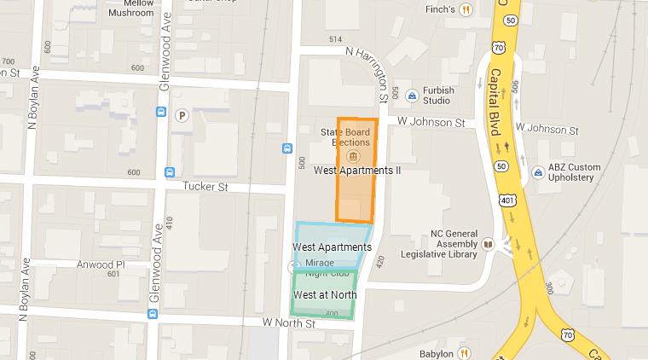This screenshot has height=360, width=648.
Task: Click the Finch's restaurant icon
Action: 466,10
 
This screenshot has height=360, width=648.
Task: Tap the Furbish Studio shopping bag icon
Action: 411,95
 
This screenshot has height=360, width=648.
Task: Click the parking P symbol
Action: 182,116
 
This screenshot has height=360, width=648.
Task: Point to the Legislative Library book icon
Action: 488,244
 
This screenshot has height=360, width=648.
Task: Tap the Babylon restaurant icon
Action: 466,352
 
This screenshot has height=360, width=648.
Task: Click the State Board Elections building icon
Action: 356,157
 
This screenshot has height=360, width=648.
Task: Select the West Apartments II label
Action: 357,171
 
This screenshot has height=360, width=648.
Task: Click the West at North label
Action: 324,295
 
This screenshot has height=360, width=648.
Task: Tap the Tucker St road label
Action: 202,185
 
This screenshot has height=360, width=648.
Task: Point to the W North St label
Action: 289,323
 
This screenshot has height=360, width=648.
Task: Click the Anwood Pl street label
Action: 100,264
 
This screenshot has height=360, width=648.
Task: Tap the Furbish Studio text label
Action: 438,96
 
